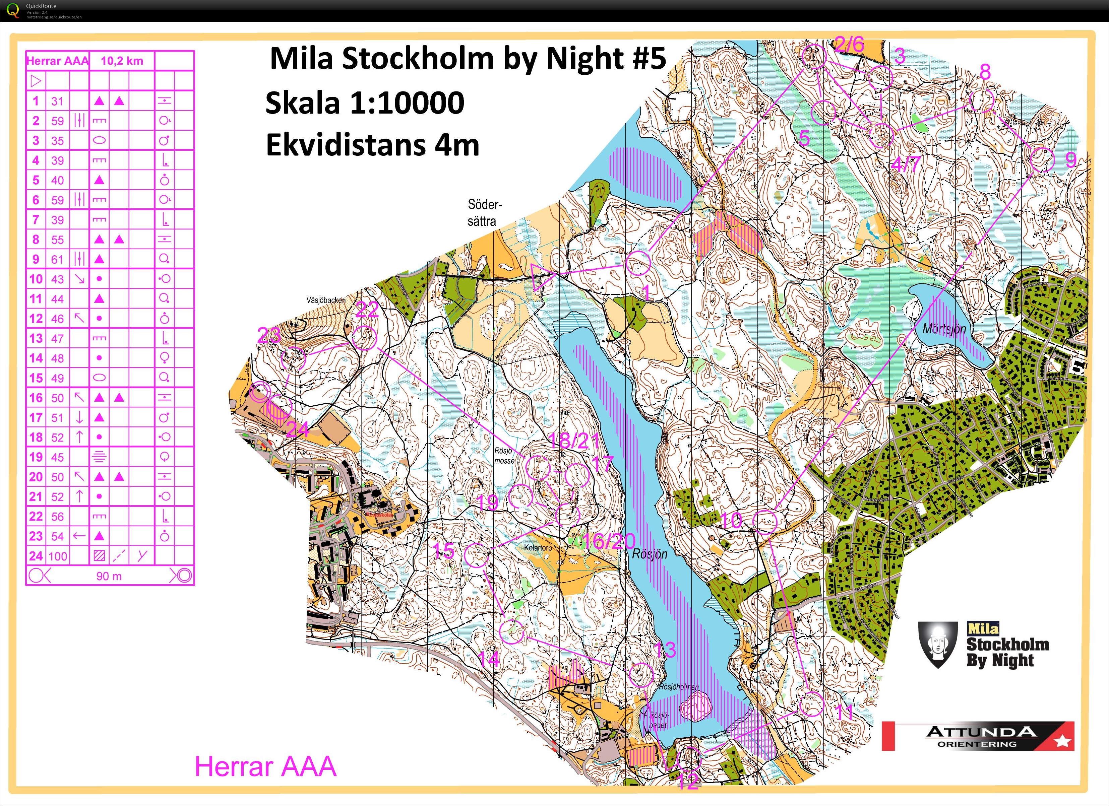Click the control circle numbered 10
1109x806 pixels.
(x=764, y=522)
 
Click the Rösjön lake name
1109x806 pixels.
(x=650, y=554)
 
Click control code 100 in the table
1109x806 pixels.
(x=58, y=556)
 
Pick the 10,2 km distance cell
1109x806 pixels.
(x=122, y=61)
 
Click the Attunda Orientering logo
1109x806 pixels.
(x=978, y=736)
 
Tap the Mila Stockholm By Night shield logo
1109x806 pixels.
(x=937, y=644)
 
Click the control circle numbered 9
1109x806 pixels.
(x=1042, y=160)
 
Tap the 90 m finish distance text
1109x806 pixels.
(x=109, y=576)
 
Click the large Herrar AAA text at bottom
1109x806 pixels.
(x=265, y=766)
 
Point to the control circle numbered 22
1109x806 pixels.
(x=364, y=337)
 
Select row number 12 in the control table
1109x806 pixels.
(x=36, y=319)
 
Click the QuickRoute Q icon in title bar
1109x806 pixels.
(x=13, y=10)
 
